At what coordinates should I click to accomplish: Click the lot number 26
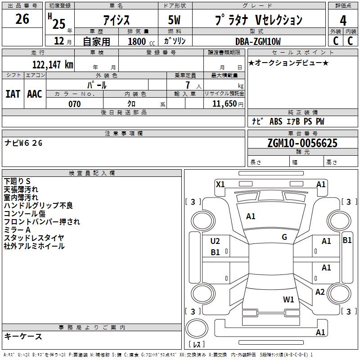[x=22, y=19]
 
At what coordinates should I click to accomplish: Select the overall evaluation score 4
[x=343, y=20]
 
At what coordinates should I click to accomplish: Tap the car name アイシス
[x=117, y=20]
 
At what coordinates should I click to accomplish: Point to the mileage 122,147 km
[x=53, y=64]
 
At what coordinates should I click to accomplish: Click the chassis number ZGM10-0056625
[x=302, y=143]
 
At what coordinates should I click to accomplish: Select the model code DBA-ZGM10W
[x=258, y=41]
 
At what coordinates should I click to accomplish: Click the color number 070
[x=74, y=104]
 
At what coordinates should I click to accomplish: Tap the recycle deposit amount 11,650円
[x=225, y=104]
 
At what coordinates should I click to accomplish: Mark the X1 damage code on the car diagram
[x=220, y=184]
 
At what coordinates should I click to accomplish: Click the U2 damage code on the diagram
[x=215, y=241]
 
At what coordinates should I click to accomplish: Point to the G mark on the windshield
[x=284, y=237]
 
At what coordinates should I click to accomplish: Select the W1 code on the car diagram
[x=288, y=299]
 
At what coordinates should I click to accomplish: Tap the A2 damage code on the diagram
[x=320, y=292]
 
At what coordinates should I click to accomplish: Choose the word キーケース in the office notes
[x=23, y=336]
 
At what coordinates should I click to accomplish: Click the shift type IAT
[x=13, y=94]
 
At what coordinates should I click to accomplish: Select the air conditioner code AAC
[x=34, y=94]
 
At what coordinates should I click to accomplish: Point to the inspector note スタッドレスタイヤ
[x=34, y=238]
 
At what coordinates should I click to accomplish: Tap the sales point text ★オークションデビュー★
[x=288, y=63]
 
